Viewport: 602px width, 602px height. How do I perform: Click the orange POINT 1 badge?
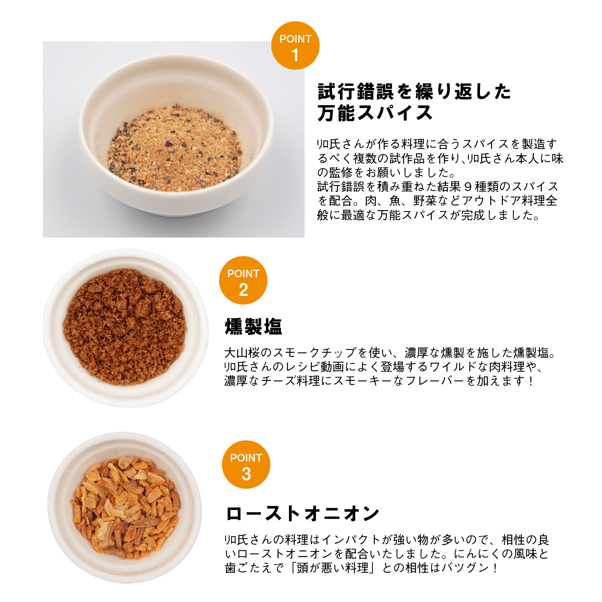pyautogui.click(x=295, y=45)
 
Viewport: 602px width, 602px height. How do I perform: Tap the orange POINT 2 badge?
pyautogui.click(x=243, y=280)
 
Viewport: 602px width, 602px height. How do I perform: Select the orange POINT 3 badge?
pyautogui.click(x=246, y=464)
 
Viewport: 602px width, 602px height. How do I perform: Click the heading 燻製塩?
pyautogui.click(x=254, y=327)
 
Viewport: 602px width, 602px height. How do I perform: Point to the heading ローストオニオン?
pyautogui.click(x=303, y=513)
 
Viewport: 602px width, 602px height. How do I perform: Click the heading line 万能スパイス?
pyautogui.click(x=375, y=113)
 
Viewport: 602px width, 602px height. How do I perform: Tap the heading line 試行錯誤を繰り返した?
pyautogui.click(x=414, y=92)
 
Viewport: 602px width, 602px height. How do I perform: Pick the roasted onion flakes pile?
pyautogui.click(x=125, y=509)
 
